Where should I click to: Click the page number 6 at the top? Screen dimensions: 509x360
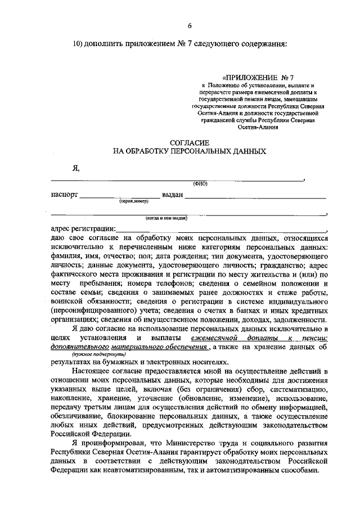189,25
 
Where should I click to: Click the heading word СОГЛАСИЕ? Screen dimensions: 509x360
189,142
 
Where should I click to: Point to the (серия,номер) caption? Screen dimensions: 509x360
133,201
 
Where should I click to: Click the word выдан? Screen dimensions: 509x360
172,196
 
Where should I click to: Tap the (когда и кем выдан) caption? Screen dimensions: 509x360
166,218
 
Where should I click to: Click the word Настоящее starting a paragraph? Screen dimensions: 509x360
93,372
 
